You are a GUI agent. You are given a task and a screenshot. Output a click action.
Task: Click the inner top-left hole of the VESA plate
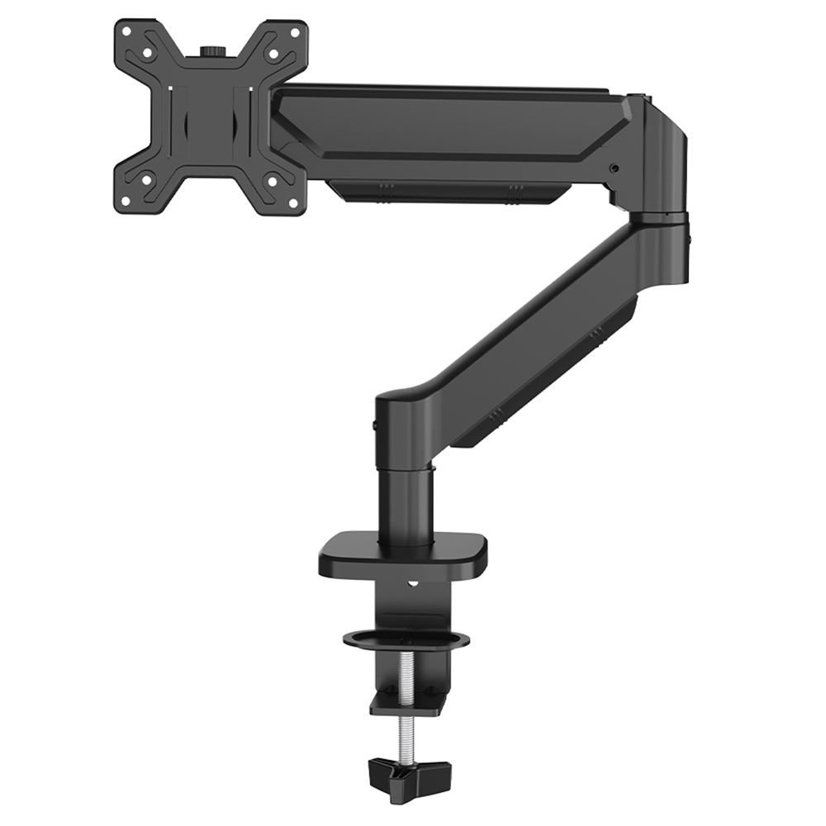(146, 53)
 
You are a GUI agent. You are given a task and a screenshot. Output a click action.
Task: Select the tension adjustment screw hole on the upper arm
(614, 169)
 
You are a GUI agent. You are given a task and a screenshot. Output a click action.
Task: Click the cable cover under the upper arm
(446, 192)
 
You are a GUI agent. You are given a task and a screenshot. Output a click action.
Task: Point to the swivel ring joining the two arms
(658, 219)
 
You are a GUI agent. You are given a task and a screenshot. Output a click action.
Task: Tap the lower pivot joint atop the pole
(405, 430)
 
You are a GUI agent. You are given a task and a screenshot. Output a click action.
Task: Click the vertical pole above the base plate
(406, 504)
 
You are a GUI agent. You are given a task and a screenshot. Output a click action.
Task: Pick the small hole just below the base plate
(411, 588)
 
